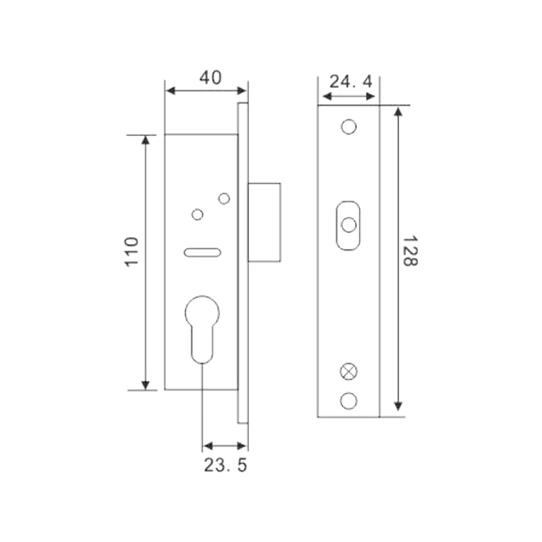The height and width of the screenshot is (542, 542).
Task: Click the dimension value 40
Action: tap(210, 78)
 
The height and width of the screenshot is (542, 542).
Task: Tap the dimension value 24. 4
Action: tap(350, 81)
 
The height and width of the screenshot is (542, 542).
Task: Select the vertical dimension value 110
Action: tap(131, 251)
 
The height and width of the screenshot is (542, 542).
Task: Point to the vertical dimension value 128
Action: tap(411, 251)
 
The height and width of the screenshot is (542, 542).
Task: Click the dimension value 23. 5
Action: tap(226, 465)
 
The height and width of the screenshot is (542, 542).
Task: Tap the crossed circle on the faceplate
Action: tap(349, 371)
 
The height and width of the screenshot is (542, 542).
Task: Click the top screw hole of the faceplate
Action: tap(349, 127)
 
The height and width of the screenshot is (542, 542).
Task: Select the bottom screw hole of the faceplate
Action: tap(348, 401)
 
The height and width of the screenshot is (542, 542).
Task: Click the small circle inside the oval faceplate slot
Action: tap(348, 225)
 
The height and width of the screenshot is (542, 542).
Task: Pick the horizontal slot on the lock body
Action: tap(202, 252)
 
